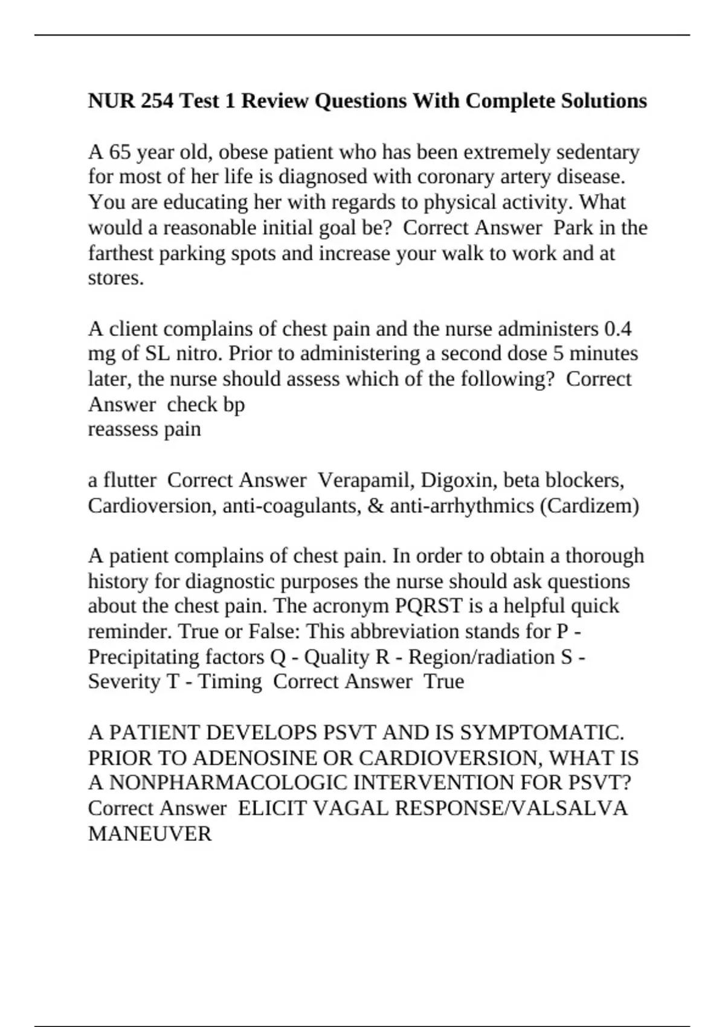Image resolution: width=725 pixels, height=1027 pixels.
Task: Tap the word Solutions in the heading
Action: point(604,100)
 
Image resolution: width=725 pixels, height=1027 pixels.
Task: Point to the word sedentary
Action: point(597,152)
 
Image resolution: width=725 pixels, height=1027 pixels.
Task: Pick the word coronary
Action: point(447,177)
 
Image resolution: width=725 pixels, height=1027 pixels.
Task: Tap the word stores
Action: point(116,278)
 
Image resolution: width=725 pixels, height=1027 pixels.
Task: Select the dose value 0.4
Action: point(617,329)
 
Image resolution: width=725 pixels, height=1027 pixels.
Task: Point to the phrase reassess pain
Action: point(144,430)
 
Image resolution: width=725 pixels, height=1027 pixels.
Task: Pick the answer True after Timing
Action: point(444,682)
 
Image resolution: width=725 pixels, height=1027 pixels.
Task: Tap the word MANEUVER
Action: point(150,834)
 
